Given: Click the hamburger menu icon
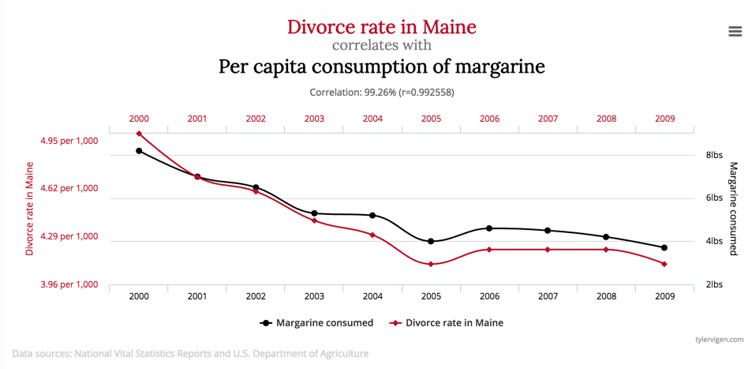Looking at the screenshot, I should click(x=735, y=32).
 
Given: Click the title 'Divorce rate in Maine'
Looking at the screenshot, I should click(x=381, y=27).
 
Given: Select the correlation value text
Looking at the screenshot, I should click(x=381, y=92).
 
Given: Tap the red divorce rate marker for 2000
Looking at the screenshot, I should click(x=139, y=134).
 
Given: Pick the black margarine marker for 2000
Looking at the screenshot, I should click(x=139, y=151).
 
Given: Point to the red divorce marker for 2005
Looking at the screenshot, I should click(x=431, y=264).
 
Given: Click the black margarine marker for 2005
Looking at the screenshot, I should click(x=431, y=242).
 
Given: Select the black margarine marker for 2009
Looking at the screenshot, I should click(x=664, y=248).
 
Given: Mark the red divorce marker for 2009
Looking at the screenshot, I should click(x=664, y=264).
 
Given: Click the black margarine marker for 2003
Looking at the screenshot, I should click(x=314, y=213).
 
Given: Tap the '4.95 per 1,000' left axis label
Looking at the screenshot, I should click(x=69, y=141).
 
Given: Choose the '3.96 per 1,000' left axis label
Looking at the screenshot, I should click(x=69, y=284).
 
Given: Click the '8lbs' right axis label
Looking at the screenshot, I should click(x=714, y=156).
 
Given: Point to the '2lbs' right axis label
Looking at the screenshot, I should click(x=714, y=284).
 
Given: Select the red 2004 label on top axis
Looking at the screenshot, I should click(x=372, y=119).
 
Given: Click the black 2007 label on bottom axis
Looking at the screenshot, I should click(x=548, y=296).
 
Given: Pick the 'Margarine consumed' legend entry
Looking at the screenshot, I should click(x=316, y=322).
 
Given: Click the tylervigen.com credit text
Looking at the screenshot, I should click(x=719, y=339).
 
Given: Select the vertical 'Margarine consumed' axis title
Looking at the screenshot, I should click(x=733, y=209).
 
